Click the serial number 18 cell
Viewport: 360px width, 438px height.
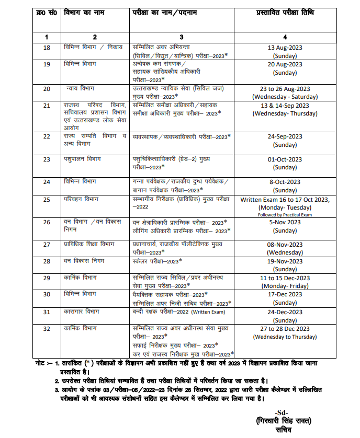(x=47, y=48)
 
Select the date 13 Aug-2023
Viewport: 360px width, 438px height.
(x=285, y=48)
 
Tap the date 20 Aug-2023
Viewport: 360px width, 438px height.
(x=285, y=65)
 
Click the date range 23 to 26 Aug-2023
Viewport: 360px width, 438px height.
(x=285, y=89)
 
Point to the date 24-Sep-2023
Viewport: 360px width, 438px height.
(x=285, y=137)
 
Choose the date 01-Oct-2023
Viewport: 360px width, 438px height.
(x=285, y=159)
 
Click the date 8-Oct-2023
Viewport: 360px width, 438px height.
(x=285, y=182)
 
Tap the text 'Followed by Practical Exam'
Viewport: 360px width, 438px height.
(x=285, y=215)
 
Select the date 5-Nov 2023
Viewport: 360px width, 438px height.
(x=285, y=222)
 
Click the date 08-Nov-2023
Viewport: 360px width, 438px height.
(x=285, y=244)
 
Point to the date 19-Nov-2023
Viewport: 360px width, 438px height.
(x=285, y=261)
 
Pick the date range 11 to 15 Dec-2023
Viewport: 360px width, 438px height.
(x=285, y=279)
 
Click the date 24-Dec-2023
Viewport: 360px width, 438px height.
(x=285, y=312)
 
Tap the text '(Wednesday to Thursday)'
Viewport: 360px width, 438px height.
(x=285, y=337)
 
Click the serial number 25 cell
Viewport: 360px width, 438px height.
(x=47, y=199)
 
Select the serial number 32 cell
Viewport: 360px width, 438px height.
(x=47, y=329)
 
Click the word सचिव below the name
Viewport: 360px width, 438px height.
(x=280, y=430)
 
